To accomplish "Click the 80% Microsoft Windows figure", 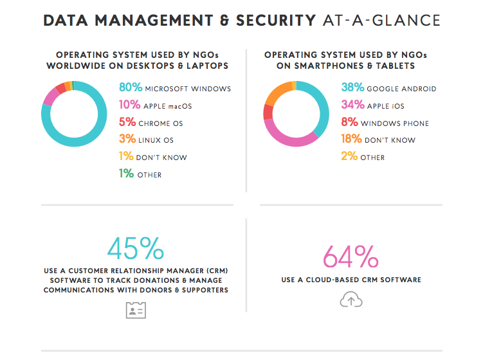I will (x=131, y=88).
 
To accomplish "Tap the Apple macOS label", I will (x=169, y=106).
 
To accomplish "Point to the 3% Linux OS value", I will (x=126, y=139).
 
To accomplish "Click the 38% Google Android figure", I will (x=351, y=88).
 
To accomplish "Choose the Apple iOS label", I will (x=386, y=106).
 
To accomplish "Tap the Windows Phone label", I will (x=394, y=123).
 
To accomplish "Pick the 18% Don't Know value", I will (x=351, y=139).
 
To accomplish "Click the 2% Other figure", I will (x=349, y=157).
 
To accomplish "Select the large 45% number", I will (x=135, y=249).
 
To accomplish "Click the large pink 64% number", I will (x=351, y=256).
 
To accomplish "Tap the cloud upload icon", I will (x=351, y=300).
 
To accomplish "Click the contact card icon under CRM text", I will (x=135, y=310).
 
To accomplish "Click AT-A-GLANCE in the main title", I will (x=382, y=21).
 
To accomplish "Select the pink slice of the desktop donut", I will (x=50, y=97).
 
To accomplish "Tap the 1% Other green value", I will (x=126, y=174).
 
